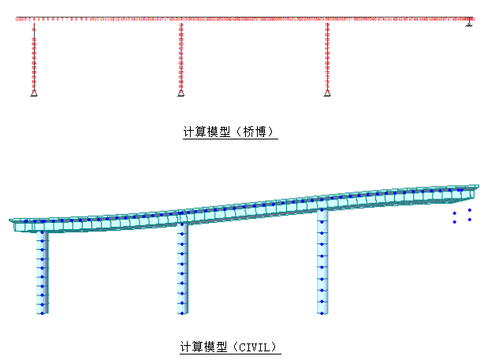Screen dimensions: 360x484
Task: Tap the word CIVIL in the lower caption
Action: (254, 347)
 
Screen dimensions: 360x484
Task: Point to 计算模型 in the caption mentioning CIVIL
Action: (205, 347)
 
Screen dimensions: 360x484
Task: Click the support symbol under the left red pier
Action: (34, 94)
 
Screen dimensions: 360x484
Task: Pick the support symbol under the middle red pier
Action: (181, 94)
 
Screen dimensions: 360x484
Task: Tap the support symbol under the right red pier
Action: (327, 94)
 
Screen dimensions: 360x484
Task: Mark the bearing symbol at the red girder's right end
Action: (468, 25)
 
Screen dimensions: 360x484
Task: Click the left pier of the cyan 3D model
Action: (43, 272)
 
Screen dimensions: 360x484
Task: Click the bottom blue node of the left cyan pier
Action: (41, 313)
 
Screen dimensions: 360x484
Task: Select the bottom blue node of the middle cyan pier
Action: (181, 313)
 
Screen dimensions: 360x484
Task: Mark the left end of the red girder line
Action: (17, 17)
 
